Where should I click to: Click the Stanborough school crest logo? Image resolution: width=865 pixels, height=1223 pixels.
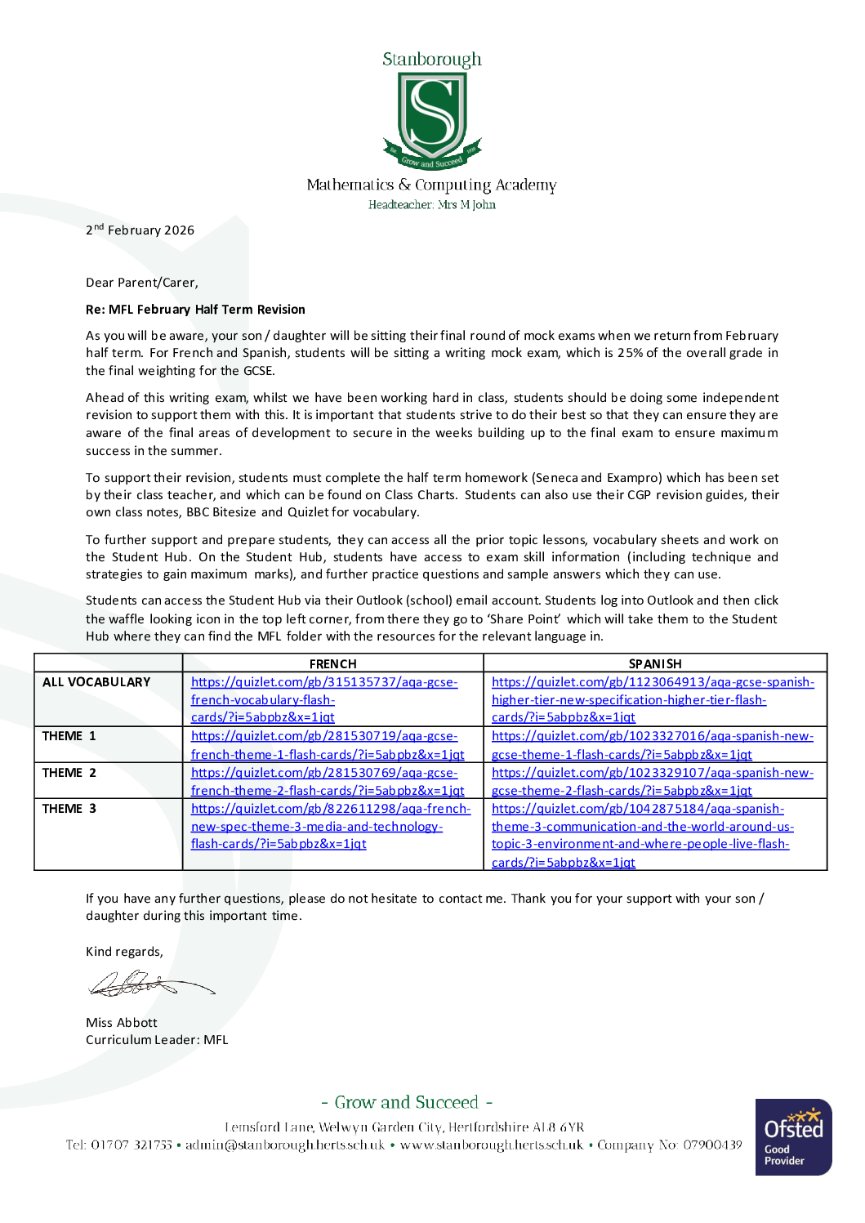click(x=431, y=119)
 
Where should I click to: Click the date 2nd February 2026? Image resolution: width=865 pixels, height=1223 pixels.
click(x=140, y=230)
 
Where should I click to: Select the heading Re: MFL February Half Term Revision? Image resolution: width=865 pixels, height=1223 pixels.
click(x=195, y=310)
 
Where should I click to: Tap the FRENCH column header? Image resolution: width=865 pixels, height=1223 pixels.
click(x=332, y=663)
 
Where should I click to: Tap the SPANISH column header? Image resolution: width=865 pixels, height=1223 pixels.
click(x=654, y=663)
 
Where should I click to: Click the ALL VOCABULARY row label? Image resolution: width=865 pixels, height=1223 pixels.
click(x=96, y=682)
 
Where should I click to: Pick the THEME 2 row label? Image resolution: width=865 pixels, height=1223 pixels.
click(x=69, y=773)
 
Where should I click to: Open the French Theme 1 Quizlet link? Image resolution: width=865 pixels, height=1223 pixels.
click(x=327, y=745)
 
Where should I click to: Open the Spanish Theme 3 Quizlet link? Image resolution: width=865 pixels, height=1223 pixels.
click(x=642, y=835)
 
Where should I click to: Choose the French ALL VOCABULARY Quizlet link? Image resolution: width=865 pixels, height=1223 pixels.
click(x=323, y=699)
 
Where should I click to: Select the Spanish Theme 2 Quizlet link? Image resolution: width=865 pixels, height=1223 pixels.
click(x=652, y=782)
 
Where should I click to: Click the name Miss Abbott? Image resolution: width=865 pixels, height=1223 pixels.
click(x=122, y=1023)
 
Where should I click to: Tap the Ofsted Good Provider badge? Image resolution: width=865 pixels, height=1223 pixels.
click(x=793, y=1136)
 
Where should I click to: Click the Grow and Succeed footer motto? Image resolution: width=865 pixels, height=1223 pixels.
click(x=407, y=1102)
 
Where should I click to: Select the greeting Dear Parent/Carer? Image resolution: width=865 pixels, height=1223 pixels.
click(x=142, y=283)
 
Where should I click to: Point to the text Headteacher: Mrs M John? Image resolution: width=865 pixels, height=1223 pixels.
click(x=431, y=205)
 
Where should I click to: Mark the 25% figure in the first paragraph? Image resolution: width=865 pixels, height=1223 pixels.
click(x=630, y=353)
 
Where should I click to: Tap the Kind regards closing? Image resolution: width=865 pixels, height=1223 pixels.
click(x=124, y=952)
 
